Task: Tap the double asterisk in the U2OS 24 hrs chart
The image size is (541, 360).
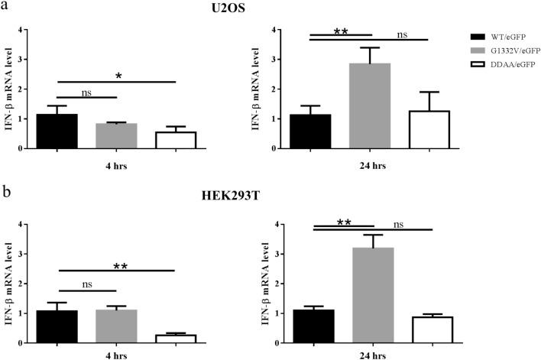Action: point(341,32)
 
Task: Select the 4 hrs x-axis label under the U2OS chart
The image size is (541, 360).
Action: point(115,163)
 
